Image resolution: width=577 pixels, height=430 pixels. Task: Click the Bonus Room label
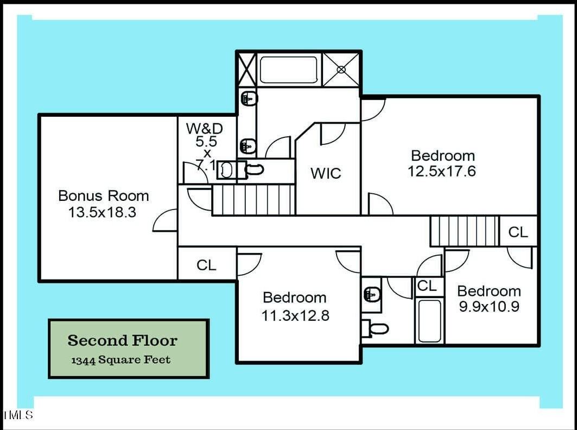pos(103,195)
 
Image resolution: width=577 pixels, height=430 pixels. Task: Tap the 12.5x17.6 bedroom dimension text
pos(442,172)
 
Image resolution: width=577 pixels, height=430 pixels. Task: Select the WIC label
pos(326,174)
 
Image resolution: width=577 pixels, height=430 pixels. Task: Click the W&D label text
pos(204,129)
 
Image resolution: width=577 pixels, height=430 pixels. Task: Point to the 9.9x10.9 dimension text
pos(489,307)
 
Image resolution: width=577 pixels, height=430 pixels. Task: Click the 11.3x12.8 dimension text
pos(295,315)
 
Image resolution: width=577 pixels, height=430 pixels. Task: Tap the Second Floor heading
pos(122,341)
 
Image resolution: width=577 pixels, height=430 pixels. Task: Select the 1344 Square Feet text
pos(121,360)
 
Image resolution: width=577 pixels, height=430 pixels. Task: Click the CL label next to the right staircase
pos(517,232)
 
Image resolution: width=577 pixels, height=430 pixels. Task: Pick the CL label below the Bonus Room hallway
pos(206,265)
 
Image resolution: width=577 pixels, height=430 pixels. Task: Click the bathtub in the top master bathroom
pos(288,70)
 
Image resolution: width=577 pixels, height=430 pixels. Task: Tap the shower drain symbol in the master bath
pos(341,69)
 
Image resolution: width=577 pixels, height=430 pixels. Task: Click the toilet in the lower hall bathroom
pos(376,328)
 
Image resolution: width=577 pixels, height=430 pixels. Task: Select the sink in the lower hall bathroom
pos(371,295)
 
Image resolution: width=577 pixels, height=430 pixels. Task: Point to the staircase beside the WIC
pos(253,200)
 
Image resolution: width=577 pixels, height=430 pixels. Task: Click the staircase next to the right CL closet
pos(464,231)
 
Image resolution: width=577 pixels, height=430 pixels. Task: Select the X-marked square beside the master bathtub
pos(245,69)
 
